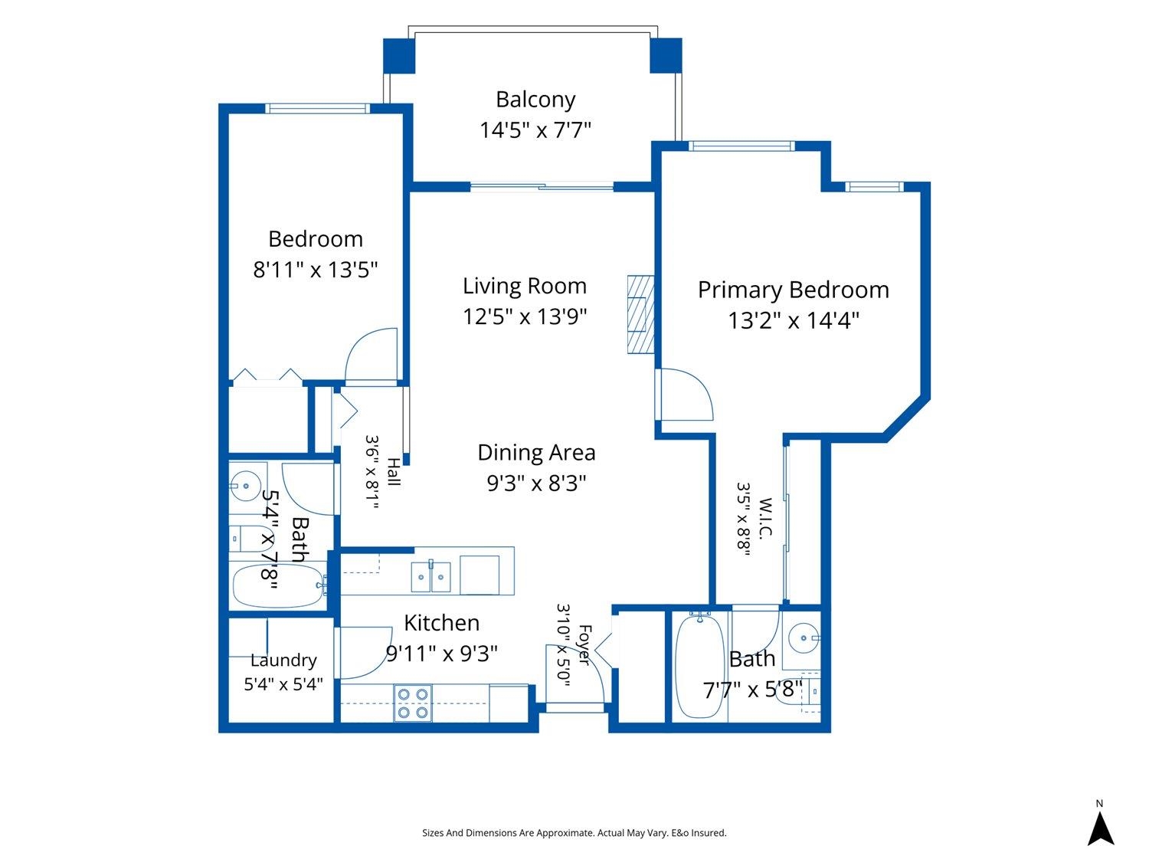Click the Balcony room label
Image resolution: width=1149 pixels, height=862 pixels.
coord(535,100)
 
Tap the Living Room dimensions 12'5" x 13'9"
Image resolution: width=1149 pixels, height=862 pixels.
coord(525,316)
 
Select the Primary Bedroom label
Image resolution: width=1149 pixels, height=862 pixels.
coord(793,290)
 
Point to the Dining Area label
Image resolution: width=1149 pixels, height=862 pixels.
coord(536,453)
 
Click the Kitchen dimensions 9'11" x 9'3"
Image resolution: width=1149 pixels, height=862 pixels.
coord(441,653)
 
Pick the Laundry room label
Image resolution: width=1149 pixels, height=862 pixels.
coord(283,660)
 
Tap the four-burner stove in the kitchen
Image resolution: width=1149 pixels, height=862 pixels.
coord(412,703)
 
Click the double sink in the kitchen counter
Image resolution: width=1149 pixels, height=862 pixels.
coord(430,576)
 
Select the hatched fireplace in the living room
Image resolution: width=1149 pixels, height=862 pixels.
coord(640,315)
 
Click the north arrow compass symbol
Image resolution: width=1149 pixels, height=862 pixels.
coord(1100,828)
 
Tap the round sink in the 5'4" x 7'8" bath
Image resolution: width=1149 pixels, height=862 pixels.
coord(246,487)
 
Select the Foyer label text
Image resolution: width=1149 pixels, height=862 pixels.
coord(584,645)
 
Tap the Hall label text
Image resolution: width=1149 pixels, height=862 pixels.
coord(394,472)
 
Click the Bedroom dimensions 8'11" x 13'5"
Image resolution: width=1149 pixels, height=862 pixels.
coord(315,270)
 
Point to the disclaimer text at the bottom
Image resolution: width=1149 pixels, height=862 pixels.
coord(574,833)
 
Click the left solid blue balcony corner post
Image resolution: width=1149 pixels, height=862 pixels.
coord(399,55)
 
